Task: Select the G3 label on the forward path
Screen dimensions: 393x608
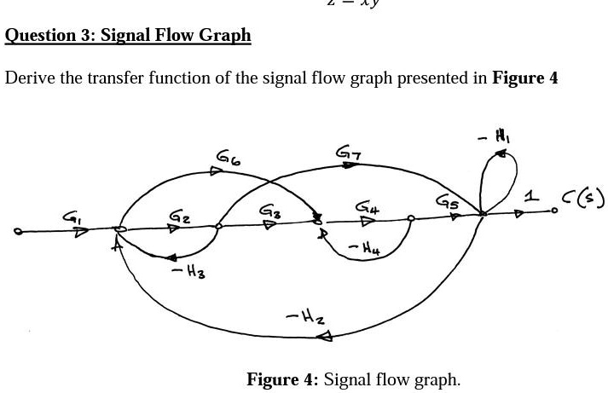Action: coord(269,209)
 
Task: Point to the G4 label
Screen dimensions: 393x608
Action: coord(367,206)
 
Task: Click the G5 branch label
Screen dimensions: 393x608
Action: coord(447,202)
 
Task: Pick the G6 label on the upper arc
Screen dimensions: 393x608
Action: coord(228,157)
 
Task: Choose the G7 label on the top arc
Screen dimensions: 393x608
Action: coord(348,152)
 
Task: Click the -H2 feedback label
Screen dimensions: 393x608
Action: coord(304,317)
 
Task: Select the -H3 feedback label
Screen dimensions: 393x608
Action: coord(188,270)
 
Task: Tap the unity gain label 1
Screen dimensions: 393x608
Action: coord(532,197)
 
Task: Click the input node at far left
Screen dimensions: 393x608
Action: coord(18,230)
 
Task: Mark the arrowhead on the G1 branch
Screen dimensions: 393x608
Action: coord(81,231)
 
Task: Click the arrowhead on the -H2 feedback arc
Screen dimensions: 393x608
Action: coord(324,337)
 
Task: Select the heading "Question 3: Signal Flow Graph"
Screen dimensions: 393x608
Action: coord(128,35)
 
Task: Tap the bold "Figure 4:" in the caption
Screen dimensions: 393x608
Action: coord(282,379)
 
